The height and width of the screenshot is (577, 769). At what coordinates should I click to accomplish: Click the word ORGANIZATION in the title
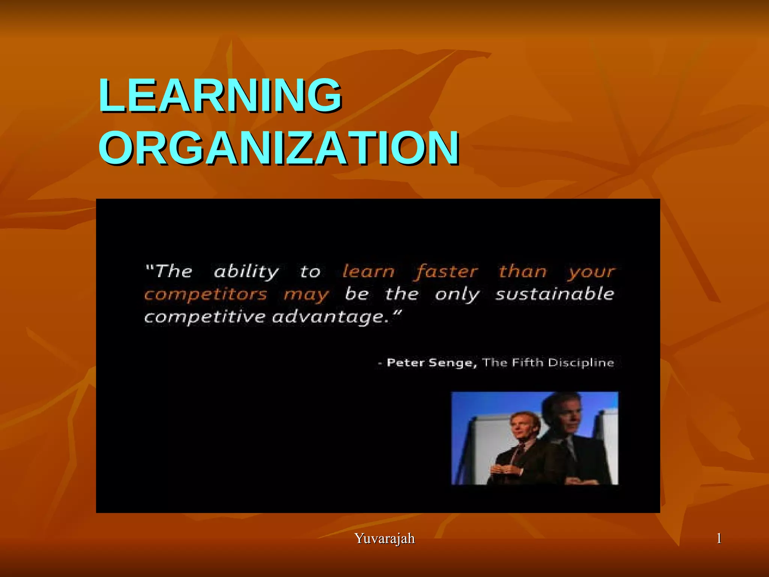point(279,148)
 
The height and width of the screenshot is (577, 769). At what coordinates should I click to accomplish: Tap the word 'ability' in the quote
point(246,272)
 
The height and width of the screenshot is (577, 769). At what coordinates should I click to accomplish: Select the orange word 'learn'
point(368,271)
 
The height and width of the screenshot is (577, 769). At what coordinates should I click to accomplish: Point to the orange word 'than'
point(522,271)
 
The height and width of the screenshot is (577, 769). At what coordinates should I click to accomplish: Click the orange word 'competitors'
point(206,295)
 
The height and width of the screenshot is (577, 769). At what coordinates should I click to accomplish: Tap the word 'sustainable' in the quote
point(555,294)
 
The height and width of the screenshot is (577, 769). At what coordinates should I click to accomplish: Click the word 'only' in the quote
point(457,295)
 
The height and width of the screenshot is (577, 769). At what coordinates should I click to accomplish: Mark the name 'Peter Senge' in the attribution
point(431,363)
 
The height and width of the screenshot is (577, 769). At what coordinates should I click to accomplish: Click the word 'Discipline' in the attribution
point(581,363)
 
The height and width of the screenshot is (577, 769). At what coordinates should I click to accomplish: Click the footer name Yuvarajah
point(384,538)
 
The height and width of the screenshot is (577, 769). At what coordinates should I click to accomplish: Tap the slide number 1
point(719,538)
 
